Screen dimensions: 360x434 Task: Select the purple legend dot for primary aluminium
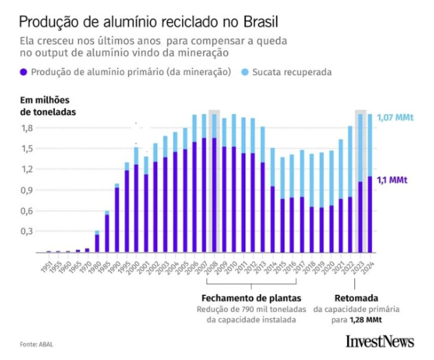tap(24, 72)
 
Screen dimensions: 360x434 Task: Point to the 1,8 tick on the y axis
tap(26, 128)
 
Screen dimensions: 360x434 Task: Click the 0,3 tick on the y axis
tap(26, 232)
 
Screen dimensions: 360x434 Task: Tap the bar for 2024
tap(369, 183)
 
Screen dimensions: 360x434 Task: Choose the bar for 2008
tap(213, 183)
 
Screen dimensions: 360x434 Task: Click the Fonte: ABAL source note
tap(36, 344)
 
